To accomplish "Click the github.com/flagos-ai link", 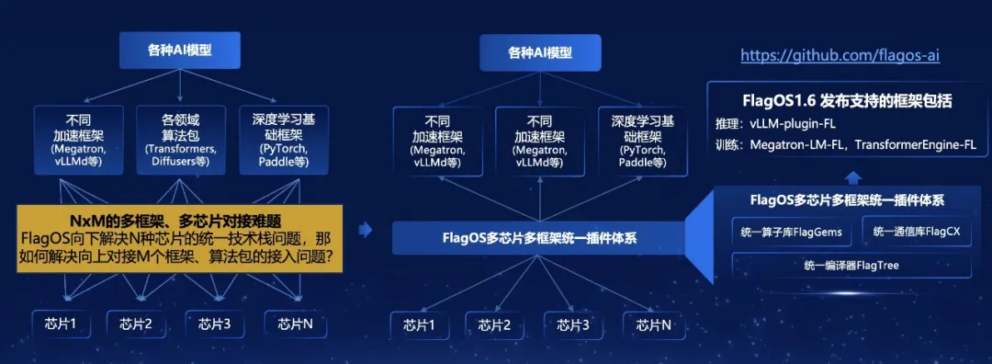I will coord(840,55).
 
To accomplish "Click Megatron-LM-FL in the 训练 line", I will coord(796,144).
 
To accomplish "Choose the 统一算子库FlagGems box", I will coord(792,233).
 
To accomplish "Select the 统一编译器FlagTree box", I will coord(852,266).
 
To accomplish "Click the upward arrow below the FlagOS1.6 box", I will coord(852,176).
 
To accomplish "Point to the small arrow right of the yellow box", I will coord(366,230).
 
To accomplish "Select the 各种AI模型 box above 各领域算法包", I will coord(181,51).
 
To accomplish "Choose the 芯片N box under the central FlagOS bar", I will coord(653,325).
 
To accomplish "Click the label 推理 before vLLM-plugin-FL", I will coord(724,123).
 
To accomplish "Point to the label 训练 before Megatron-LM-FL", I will coord(724,144).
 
